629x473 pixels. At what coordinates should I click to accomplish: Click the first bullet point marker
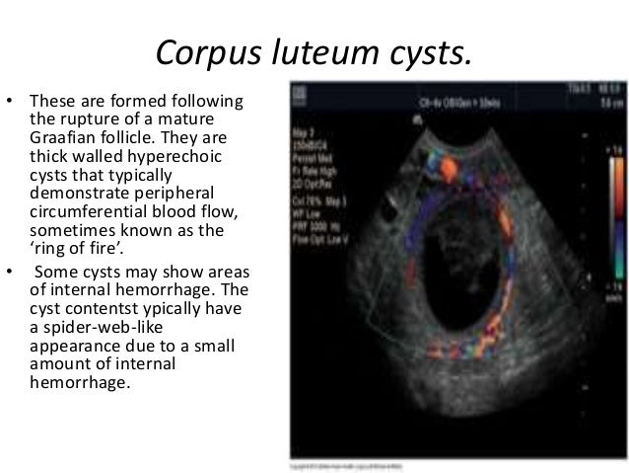pos(11,100)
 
